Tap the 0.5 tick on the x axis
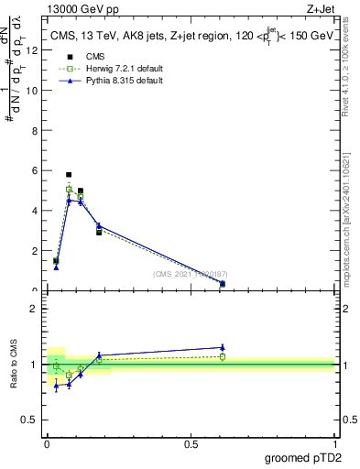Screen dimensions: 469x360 pyautogui.click(x=191, y=444)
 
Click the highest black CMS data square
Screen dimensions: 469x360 pyautogui.click(x=69, y=174)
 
